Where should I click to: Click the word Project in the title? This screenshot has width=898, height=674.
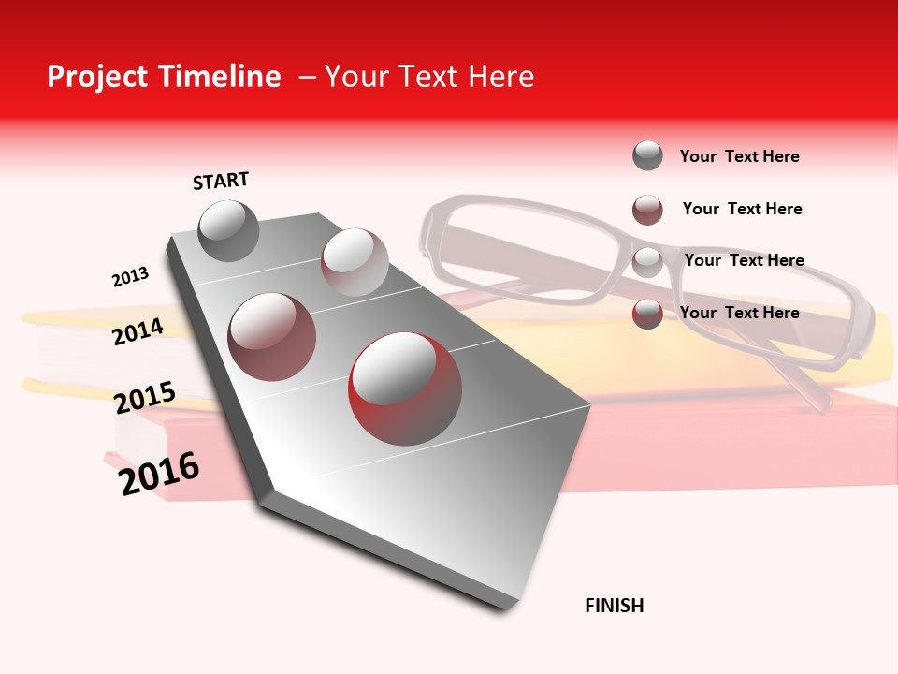click(x=97, y=77)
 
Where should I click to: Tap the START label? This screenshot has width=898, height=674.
click(x=221, y=181)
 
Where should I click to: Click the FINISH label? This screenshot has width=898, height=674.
click(x=614, y=606)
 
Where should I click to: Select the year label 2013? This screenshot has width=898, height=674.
click(x=130, y=277)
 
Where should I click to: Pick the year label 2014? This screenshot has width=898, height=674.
click(x=138, y=331)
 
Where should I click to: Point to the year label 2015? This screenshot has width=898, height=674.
click(x=144, y=397)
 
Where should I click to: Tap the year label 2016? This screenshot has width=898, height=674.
click(x=159, y=473)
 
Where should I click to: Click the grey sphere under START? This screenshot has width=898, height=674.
click(x=228, y=230)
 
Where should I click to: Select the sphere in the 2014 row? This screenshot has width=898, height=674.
click(x=271, y=337)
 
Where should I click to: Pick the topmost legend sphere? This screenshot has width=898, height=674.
click(x=647, y=155)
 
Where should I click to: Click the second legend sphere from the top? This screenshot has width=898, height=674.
click(x=647, y=210)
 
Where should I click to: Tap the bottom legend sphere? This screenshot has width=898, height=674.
click(x=647, y=314)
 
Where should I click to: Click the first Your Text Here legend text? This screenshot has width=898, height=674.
click(x=739, y=156)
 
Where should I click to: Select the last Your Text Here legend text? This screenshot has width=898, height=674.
click(x=739, y=313)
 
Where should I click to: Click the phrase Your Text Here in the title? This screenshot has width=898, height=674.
click(x=429, y=77)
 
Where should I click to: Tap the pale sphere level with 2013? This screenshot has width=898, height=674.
click(x=355, y=261)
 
